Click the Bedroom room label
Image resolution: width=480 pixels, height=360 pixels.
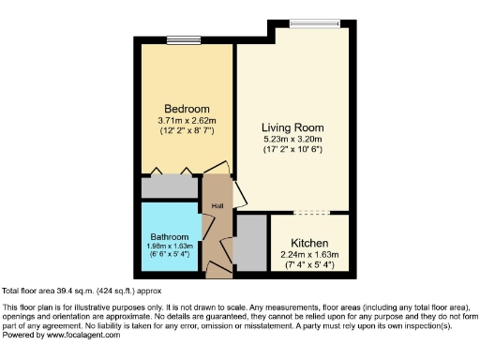coord(187,108)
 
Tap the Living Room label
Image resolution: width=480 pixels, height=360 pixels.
coord(292,127)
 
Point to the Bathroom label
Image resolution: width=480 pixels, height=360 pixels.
coord(171,236)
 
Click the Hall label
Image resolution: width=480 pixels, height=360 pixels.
coord(217,205)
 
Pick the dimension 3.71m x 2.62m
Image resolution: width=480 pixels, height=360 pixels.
coord(187,120)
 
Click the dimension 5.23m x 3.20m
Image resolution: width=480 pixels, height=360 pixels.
coord(292,140)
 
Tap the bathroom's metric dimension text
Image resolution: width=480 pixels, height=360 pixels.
coord(171,246)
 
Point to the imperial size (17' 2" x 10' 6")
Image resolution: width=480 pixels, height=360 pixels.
coord(292,150)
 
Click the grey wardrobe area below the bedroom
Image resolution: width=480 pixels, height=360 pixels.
coord(171,187)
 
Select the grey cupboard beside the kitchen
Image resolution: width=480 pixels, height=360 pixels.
coord(250,243)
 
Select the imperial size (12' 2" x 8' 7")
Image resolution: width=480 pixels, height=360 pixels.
coord(187,130)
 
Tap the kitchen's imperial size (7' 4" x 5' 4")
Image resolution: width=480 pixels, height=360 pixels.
coord(308,265)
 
